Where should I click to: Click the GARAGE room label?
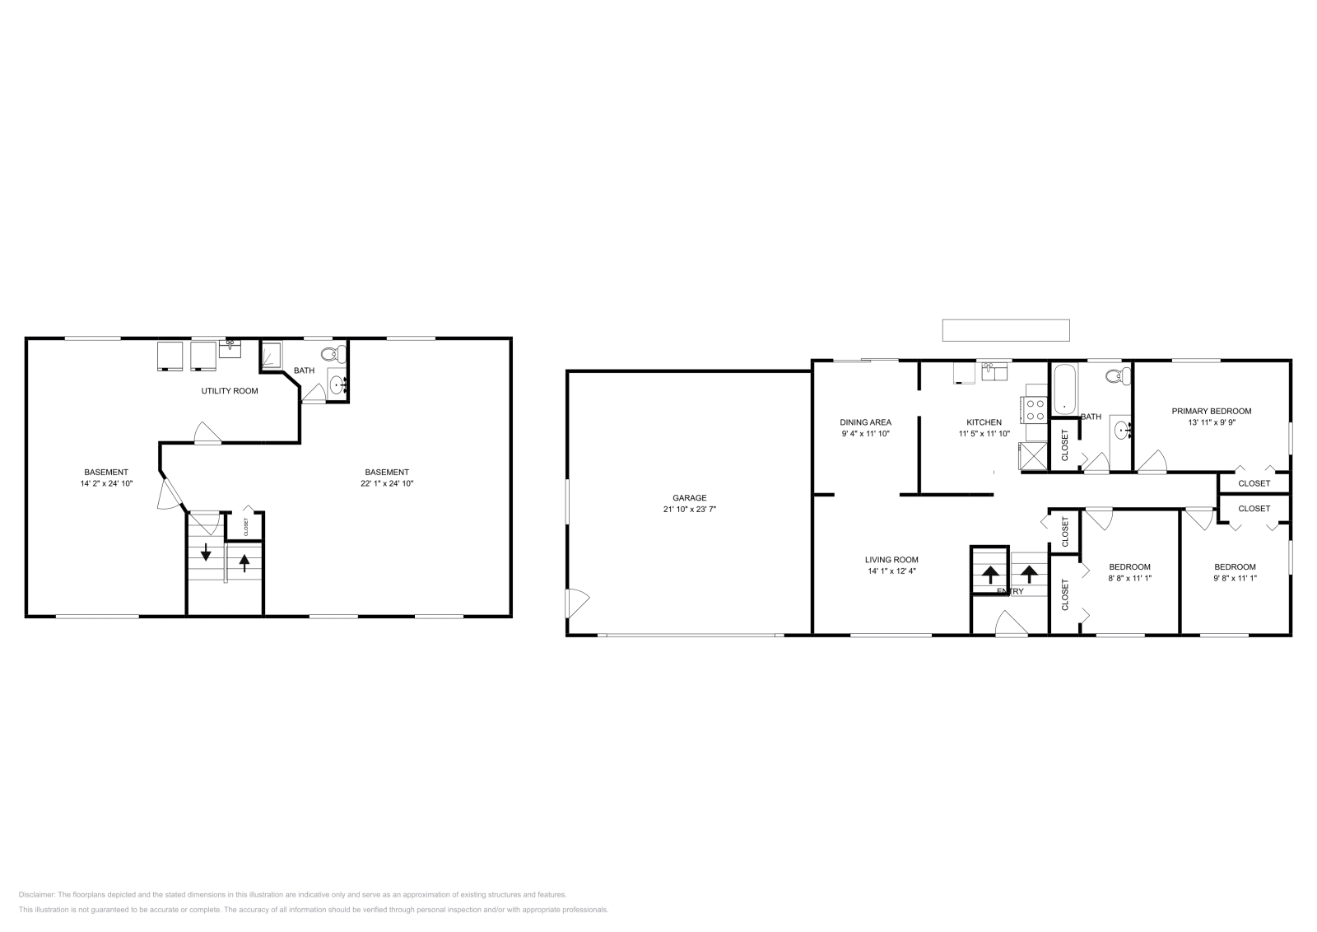pyautogui.click(x=689, y=497)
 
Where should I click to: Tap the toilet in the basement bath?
pyautogui.click(x=331, y=355)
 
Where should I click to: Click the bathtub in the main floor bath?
pyautogui.click(x=1064, y=389)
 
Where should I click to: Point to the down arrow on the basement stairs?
pyautogui.click(x=206, y=552)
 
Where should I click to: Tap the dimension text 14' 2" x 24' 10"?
pyautogui.click(x=105, y=484)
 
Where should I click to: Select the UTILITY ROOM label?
pyautogui.click(x=230, y=391)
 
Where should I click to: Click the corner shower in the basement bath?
pyautogui.click(x=272, y=356)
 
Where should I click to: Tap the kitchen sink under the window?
pyautogui.click(x=994, y=372)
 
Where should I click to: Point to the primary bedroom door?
pyautogui.click(x=1152, y=462)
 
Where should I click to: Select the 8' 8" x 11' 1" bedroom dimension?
pyautogui.click(x=1129, y=578)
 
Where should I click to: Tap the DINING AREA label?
pyautogui.click(x=865, y=422)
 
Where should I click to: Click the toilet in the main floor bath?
pyautogui.click(x=1116, y=376)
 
